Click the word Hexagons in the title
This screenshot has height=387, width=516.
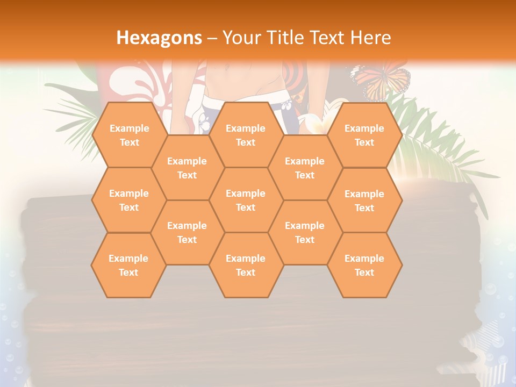160,37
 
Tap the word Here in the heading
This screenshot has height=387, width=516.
370,37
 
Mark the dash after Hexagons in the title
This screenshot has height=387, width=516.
212,38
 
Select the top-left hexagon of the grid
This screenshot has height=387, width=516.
129,135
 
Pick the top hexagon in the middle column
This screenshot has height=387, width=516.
246,135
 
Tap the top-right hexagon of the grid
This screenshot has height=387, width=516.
364,135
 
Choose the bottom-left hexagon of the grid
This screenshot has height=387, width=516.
128,265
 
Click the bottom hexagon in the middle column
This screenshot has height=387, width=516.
246,265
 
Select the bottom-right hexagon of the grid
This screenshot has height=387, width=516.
364,265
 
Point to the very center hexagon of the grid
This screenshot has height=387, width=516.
246,200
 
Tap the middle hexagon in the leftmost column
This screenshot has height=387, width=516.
129,200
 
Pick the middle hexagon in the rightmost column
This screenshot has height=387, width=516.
364,200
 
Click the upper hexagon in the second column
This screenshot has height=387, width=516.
187,168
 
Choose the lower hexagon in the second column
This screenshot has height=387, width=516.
187,232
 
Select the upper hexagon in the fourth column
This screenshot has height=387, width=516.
305,168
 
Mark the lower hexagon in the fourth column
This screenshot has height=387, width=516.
305,232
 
